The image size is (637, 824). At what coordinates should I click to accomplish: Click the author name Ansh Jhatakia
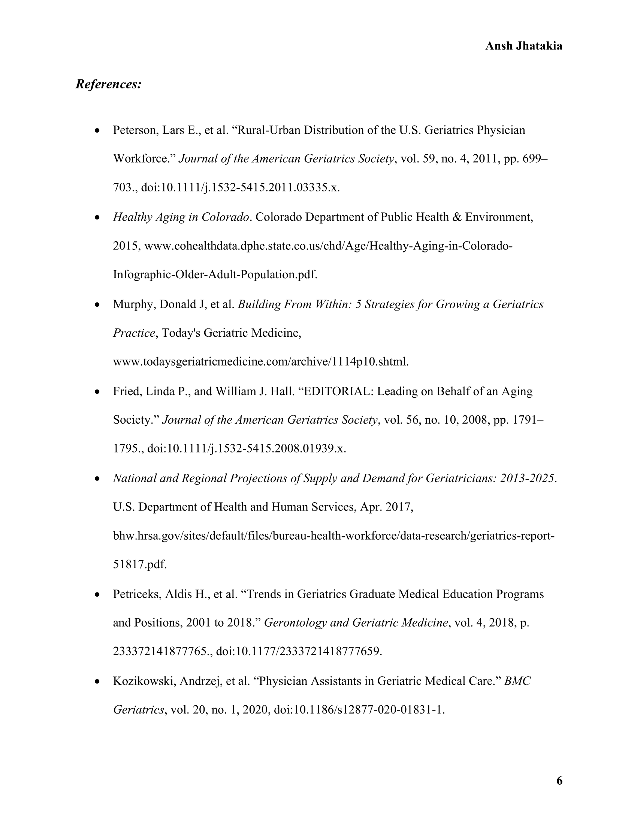coord(523,46)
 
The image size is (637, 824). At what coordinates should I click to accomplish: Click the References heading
coord(109,84)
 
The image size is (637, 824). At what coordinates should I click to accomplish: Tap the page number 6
coord(559,780)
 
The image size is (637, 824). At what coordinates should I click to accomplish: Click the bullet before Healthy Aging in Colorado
coord(98,218)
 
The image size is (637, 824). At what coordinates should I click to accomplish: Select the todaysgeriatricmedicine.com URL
coord(261,362)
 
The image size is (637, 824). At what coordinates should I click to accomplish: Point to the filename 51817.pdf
coord(140,565)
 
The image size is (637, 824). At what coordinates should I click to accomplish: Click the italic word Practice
coord(134,333)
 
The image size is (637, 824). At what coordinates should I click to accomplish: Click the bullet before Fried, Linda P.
coord(98,392)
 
